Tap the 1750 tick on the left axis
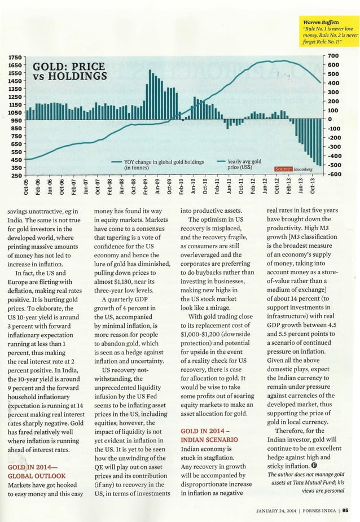click(15, 58)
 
